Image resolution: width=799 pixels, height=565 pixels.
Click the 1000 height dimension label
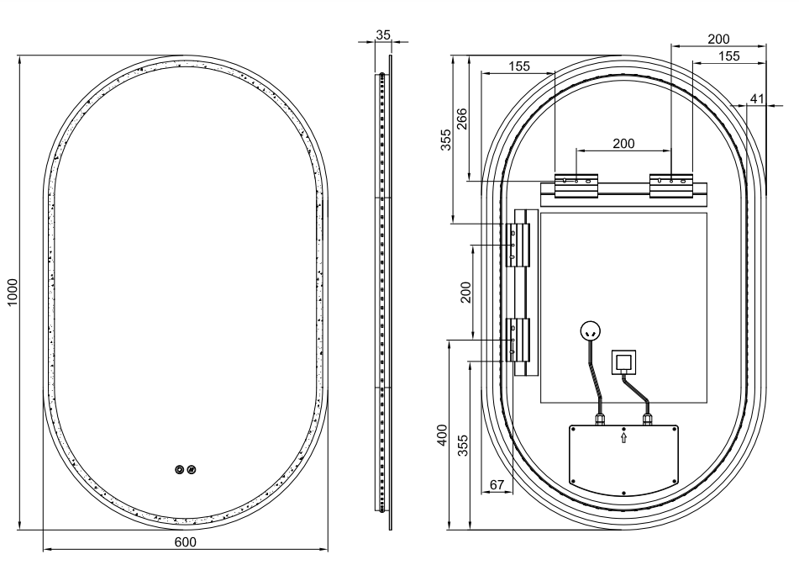[x=13, y=293]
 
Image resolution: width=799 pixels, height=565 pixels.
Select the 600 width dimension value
[x=185, y=541]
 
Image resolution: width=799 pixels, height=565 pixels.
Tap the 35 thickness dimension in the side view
[x=382, y=34]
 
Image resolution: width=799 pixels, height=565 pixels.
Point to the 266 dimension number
[x=461, y=119]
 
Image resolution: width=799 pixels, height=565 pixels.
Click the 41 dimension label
[x=757, y=98]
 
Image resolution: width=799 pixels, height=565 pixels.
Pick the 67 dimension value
[x=497, y=484]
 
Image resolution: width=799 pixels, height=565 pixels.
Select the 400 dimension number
[x=442, y=435]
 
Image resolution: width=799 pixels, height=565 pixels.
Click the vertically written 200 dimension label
[x=465, y=293]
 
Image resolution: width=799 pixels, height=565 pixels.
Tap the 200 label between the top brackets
[x=623, y=144]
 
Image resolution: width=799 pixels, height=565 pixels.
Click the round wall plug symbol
[x=590, y=331]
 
